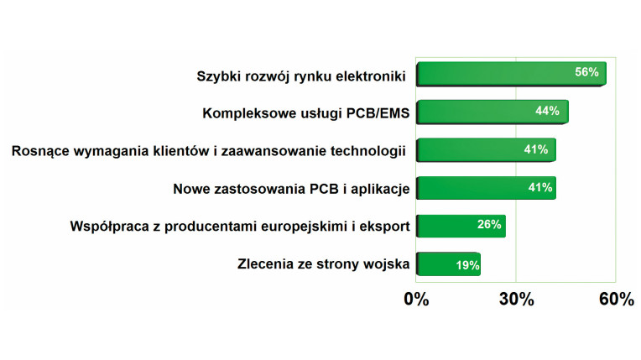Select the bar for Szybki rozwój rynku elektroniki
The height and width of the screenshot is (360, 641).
511,74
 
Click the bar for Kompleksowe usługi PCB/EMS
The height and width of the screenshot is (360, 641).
492,112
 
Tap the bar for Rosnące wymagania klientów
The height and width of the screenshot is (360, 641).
486,149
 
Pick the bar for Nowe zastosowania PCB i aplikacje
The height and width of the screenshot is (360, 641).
486,188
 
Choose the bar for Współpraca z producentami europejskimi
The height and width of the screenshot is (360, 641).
461,226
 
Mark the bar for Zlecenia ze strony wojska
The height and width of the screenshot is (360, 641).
449,263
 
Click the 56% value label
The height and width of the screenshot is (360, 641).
586,72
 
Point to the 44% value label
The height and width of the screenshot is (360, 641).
547,111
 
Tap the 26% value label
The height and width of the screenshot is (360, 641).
489,224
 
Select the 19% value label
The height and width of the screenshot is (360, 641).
467,265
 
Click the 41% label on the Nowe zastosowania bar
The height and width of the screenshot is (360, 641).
540,187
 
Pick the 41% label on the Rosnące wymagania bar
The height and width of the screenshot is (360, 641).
536,149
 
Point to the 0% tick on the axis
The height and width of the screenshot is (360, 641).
416,300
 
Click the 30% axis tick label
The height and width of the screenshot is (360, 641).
516,300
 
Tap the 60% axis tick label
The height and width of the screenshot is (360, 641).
617,300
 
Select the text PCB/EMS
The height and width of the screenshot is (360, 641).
378,113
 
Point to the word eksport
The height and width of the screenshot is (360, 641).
384,227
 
